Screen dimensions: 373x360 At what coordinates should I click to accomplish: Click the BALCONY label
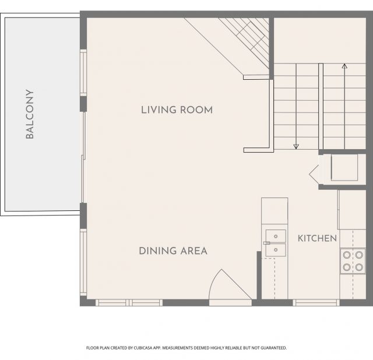coord(30,114)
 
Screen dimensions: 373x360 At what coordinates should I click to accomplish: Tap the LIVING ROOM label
coord(177,110)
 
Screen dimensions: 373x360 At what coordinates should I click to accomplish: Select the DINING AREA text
coord(173,251)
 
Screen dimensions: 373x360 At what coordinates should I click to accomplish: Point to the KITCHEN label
coord(317,238)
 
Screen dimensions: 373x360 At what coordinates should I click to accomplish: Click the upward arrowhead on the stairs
coord(344,66)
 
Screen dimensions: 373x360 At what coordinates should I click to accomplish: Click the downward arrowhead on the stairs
coord(296,146)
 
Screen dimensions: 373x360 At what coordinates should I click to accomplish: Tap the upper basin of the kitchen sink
coord(276,236)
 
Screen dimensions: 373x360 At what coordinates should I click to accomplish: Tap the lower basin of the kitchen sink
coord(276,250)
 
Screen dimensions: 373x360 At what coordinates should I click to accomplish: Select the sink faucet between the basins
coord(267,243)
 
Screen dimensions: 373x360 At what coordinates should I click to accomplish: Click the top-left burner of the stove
coord(346,255)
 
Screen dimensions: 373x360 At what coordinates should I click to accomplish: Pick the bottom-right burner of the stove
coord(359,267)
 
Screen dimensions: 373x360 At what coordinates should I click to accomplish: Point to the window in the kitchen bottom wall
coord(316,303)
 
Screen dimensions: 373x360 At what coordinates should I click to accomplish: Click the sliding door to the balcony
coord(83,157)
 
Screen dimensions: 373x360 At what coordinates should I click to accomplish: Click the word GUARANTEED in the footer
coord(273,348)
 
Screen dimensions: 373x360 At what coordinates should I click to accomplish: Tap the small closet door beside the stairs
coord(315,172)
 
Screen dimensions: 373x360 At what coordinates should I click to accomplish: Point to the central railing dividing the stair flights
coord(321,106)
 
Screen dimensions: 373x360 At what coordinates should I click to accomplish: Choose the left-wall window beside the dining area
coord(83,262)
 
